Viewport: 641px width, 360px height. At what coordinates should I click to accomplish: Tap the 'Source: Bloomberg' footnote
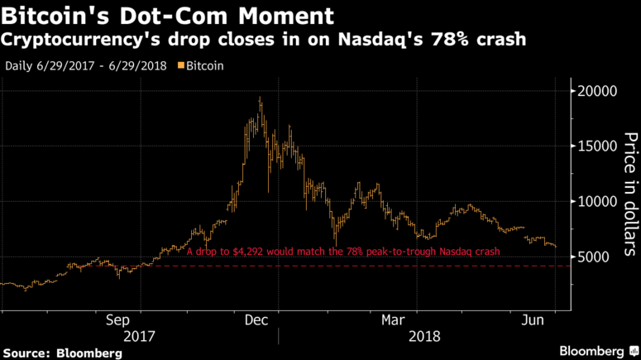point(61,353)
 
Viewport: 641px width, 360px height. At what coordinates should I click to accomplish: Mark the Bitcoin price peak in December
point(260,98)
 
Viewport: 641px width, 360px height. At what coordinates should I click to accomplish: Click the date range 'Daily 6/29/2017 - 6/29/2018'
point(86,64)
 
